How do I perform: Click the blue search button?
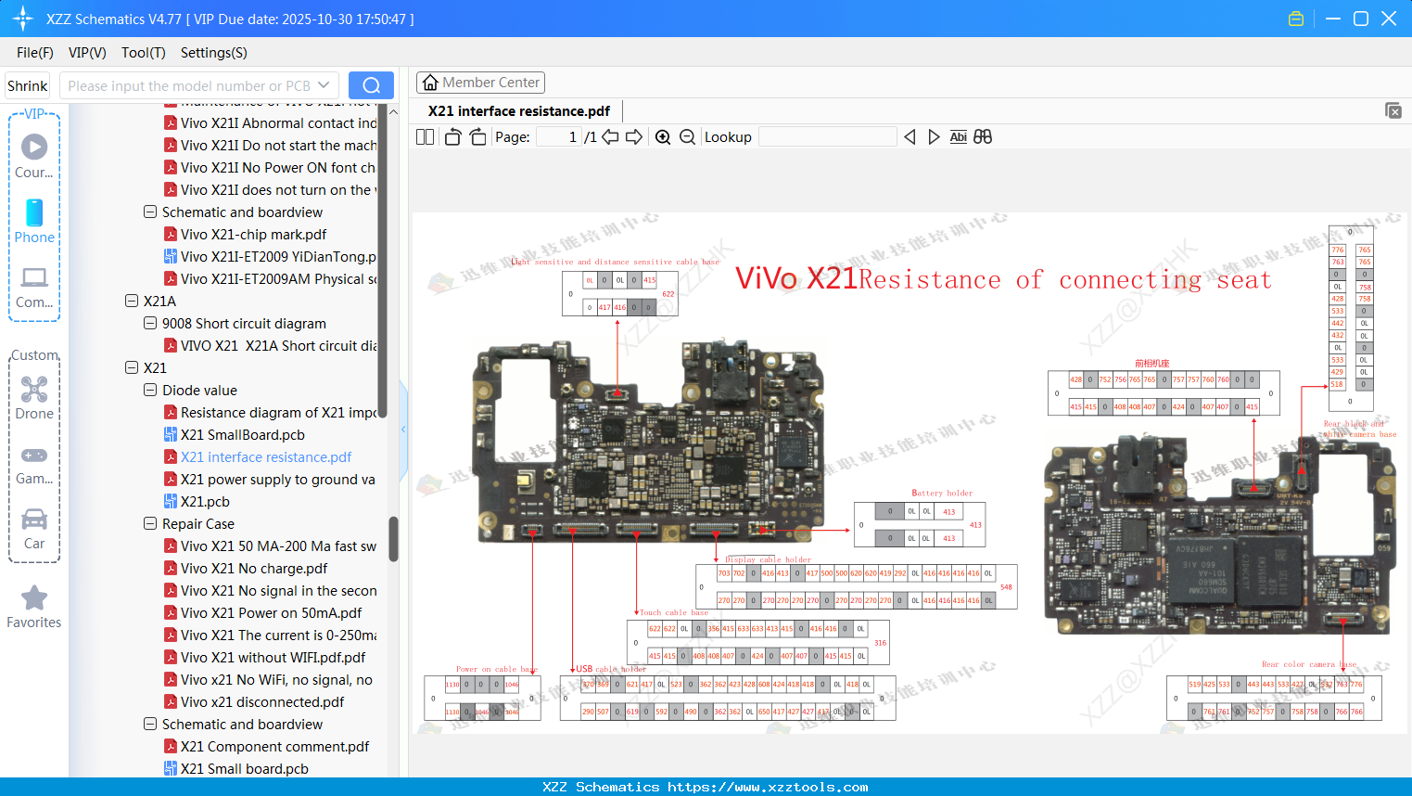tap(371, 85)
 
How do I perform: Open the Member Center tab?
tap(480, 83)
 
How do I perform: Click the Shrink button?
tap(28, 85)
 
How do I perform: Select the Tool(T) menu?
tap(143, 53)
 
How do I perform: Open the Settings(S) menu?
tap(213, 53)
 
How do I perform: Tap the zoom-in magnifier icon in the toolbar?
tap(663, 137)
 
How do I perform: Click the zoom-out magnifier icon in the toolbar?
tap(687, 137)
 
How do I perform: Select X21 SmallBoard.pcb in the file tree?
tap(242, 435)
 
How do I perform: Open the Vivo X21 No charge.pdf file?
tap(253, 569)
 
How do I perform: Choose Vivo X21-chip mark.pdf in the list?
tap(253, 235)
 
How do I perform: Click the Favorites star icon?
tap(34, 598)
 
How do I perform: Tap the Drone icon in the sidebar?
tap(34, 390)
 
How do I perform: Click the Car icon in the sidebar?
tap(34, 520)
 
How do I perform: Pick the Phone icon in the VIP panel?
tap(34, 213)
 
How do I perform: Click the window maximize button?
tap(1361, 19)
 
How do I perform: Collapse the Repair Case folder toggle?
tap(150, 524)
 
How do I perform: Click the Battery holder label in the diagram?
tap(942, 494)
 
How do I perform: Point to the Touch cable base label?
tap(673, 612)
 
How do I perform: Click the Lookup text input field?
tap(827, 137)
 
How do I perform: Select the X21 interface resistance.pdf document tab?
tap(518, 111)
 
